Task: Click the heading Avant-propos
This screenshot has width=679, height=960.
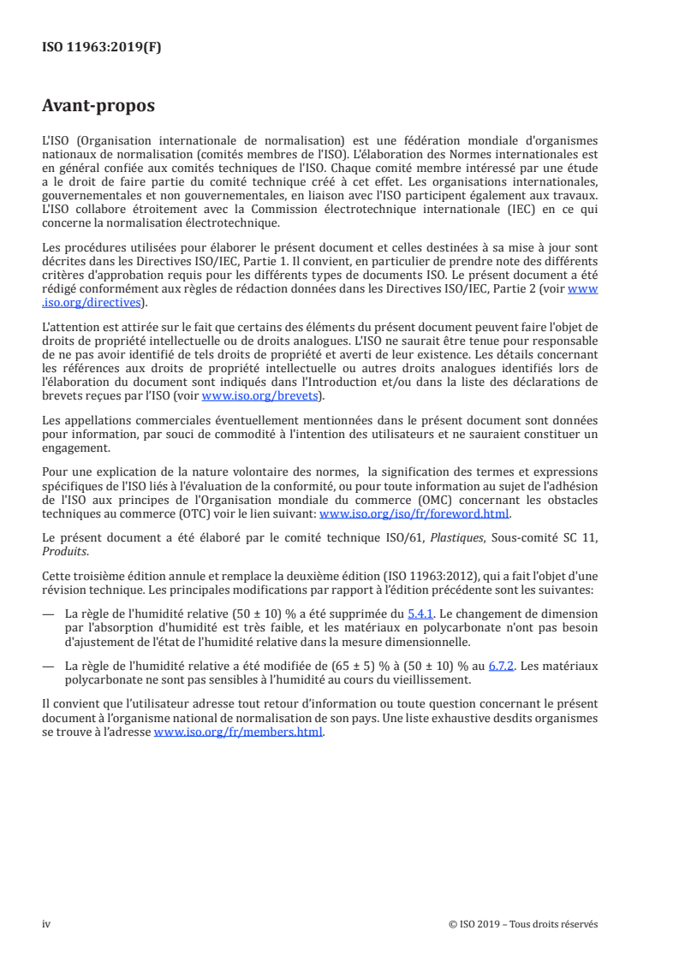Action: point(98,107)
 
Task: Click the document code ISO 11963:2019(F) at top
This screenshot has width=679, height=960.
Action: point(102,48)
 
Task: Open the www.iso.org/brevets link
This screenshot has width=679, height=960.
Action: point(259,396)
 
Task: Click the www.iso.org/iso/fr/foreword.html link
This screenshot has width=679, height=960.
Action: point(414,514)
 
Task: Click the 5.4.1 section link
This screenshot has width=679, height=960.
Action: point(420,613)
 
